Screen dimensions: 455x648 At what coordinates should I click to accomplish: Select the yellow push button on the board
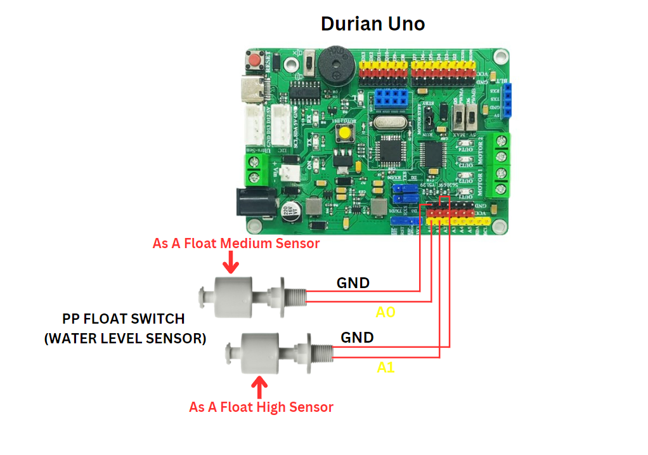click(x=346, y=134)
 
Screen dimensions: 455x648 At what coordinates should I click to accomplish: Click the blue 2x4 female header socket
click(x=390, y=98)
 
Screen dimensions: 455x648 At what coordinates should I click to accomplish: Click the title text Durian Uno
click(x=373, y=24)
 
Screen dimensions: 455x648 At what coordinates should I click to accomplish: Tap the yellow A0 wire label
click(x=386, y=312)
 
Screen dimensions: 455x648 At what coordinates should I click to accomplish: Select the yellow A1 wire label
click(x=386, y=367)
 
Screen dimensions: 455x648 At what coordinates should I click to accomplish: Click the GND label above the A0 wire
click(x=353, y=283)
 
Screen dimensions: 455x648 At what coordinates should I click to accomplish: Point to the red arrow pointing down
click(x=231, y=261)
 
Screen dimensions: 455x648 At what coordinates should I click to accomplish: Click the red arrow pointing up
click(x=259, y=386)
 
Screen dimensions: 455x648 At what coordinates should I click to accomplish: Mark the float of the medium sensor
click(x=233, y=296)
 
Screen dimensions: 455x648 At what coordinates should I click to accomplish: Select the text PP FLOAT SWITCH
click(x=124, y=319)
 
